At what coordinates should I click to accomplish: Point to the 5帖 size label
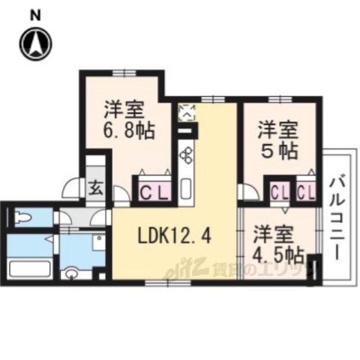pyautogui.click(x=278, y=150)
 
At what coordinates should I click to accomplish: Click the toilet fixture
pyautogui.click(x=22, y=217)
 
